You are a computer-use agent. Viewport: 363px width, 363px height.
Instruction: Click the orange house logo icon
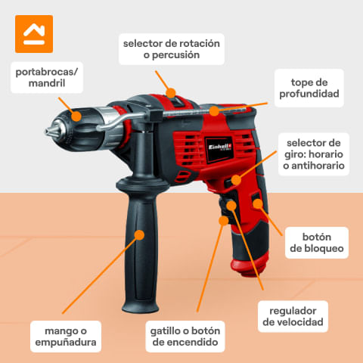(34, 34)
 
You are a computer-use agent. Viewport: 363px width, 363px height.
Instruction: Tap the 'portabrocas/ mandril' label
(47, 77)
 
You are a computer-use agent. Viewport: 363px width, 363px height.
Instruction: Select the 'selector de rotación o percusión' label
(172, 49)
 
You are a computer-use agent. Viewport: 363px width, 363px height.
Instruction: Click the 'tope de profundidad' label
(309, 88)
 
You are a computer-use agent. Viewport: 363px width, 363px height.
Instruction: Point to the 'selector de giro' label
(314, 154)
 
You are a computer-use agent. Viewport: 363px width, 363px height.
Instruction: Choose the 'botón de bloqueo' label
(317, 243)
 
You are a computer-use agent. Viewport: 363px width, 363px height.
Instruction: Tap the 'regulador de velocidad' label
(293, 316)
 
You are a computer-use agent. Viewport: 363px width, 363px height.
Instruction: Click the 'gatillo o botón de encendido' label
(185, 337)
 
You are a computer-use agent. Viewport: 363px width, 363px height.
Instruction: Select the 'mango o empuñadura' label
(66, 337)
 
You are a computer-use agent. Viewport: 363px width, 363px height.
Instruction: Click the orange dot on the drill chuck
(76, 116)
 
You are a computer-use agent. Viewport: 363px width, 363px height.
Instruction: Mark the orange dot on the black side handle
(139, 235)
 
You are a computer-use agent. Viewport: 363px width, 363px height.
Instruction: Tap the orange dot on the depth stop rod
(214, 111)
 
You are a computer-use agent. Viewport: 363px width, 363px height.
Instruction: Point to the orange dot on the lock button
(258, 203)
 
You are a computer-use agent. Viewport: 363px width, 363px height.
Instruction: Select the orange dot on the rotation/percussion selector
(171, 93)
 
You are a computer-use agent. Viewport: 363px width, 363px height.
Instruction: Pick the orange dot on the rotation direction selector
(236, 180)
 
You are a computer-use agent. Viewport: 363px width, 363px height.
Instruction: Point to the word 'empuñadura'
(66, 343)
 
